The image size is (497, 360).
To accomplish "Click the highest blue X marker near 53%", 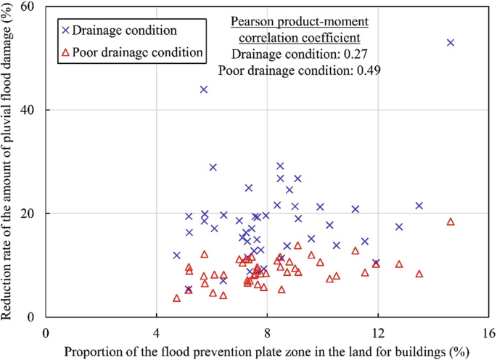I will (x=451, y=43).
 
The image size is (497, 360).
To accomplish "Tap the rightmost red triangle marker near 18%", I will (x=451, y=221).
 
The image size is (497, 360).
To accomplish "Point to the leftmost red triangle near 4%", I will (x=177, y=298).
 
